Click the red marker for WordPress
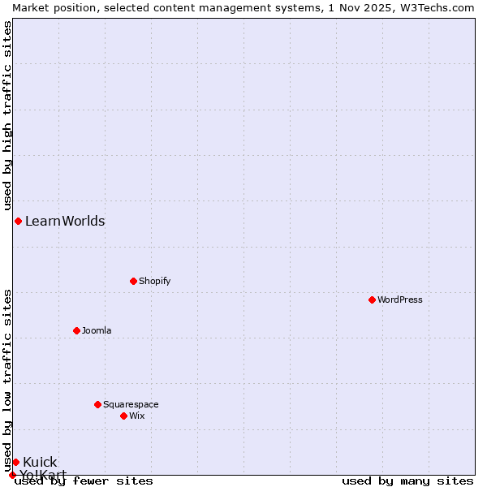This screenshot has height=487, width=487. click(x=372, y=300)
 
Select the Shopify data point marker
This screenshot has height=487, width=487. click(x=133, y=281)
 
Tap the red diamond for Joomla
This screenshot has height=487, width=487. click(x=76, y=330)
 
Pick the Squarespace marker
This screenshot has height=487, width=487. click(x=97, y=404)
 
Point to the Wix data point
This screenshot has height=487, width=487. click(x=123, y=416)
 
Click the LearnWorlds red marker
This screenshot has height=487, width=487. click(x=18, y=221)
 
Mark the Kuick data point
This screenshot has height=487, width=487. click(x=15, y=462)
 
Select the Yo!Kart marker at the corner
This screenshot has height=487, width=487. click(x=12, y=475)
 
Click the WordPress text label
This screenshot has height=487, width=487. click(x=400, y=300)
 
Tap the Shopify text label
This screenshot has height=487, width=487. click(x=155, y=281)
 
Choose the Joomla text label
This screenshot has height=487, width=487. click(x=97, y=330)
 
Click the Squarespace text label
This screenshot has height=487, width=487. click(x=131, y=404)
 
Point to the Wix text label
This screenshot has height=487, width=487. click(x=137, y=416)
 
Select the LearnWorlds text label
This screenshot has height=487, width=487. click(x=65, y=221)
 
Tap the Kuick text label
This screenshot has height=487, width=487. click(x=40, y=462)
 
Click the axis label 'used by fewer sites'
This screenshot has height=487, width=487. click(x=84, y=481)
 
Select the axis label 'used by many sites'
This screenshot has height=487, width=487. click(x=407, y=481)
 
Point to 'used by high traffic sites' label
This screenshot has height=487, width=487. click(x=7, y=114)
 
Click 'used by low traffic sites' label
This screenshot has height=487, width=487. click(x=7, y=381)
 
